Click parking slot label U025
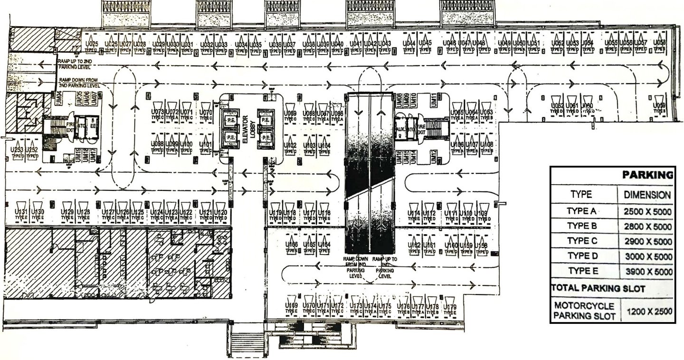click(x=92, y=44)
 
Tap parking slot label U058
click(x=659, y=43)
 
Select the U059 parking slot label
click(x=658, y=105)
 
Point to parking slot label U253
click(x=18, y=149)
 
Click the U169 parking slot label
click(x=291, y=305)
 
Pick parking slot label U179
click(x=449, y=306)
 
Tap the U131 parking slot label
click(x=21, y=211)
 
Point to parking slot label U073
click(x=157, y=112)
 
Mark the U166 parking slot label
click(x=292, y=245)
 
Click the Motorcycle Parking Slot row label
click(x=584, y=310)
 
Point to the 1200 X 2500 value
click(x=649, y=312)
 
